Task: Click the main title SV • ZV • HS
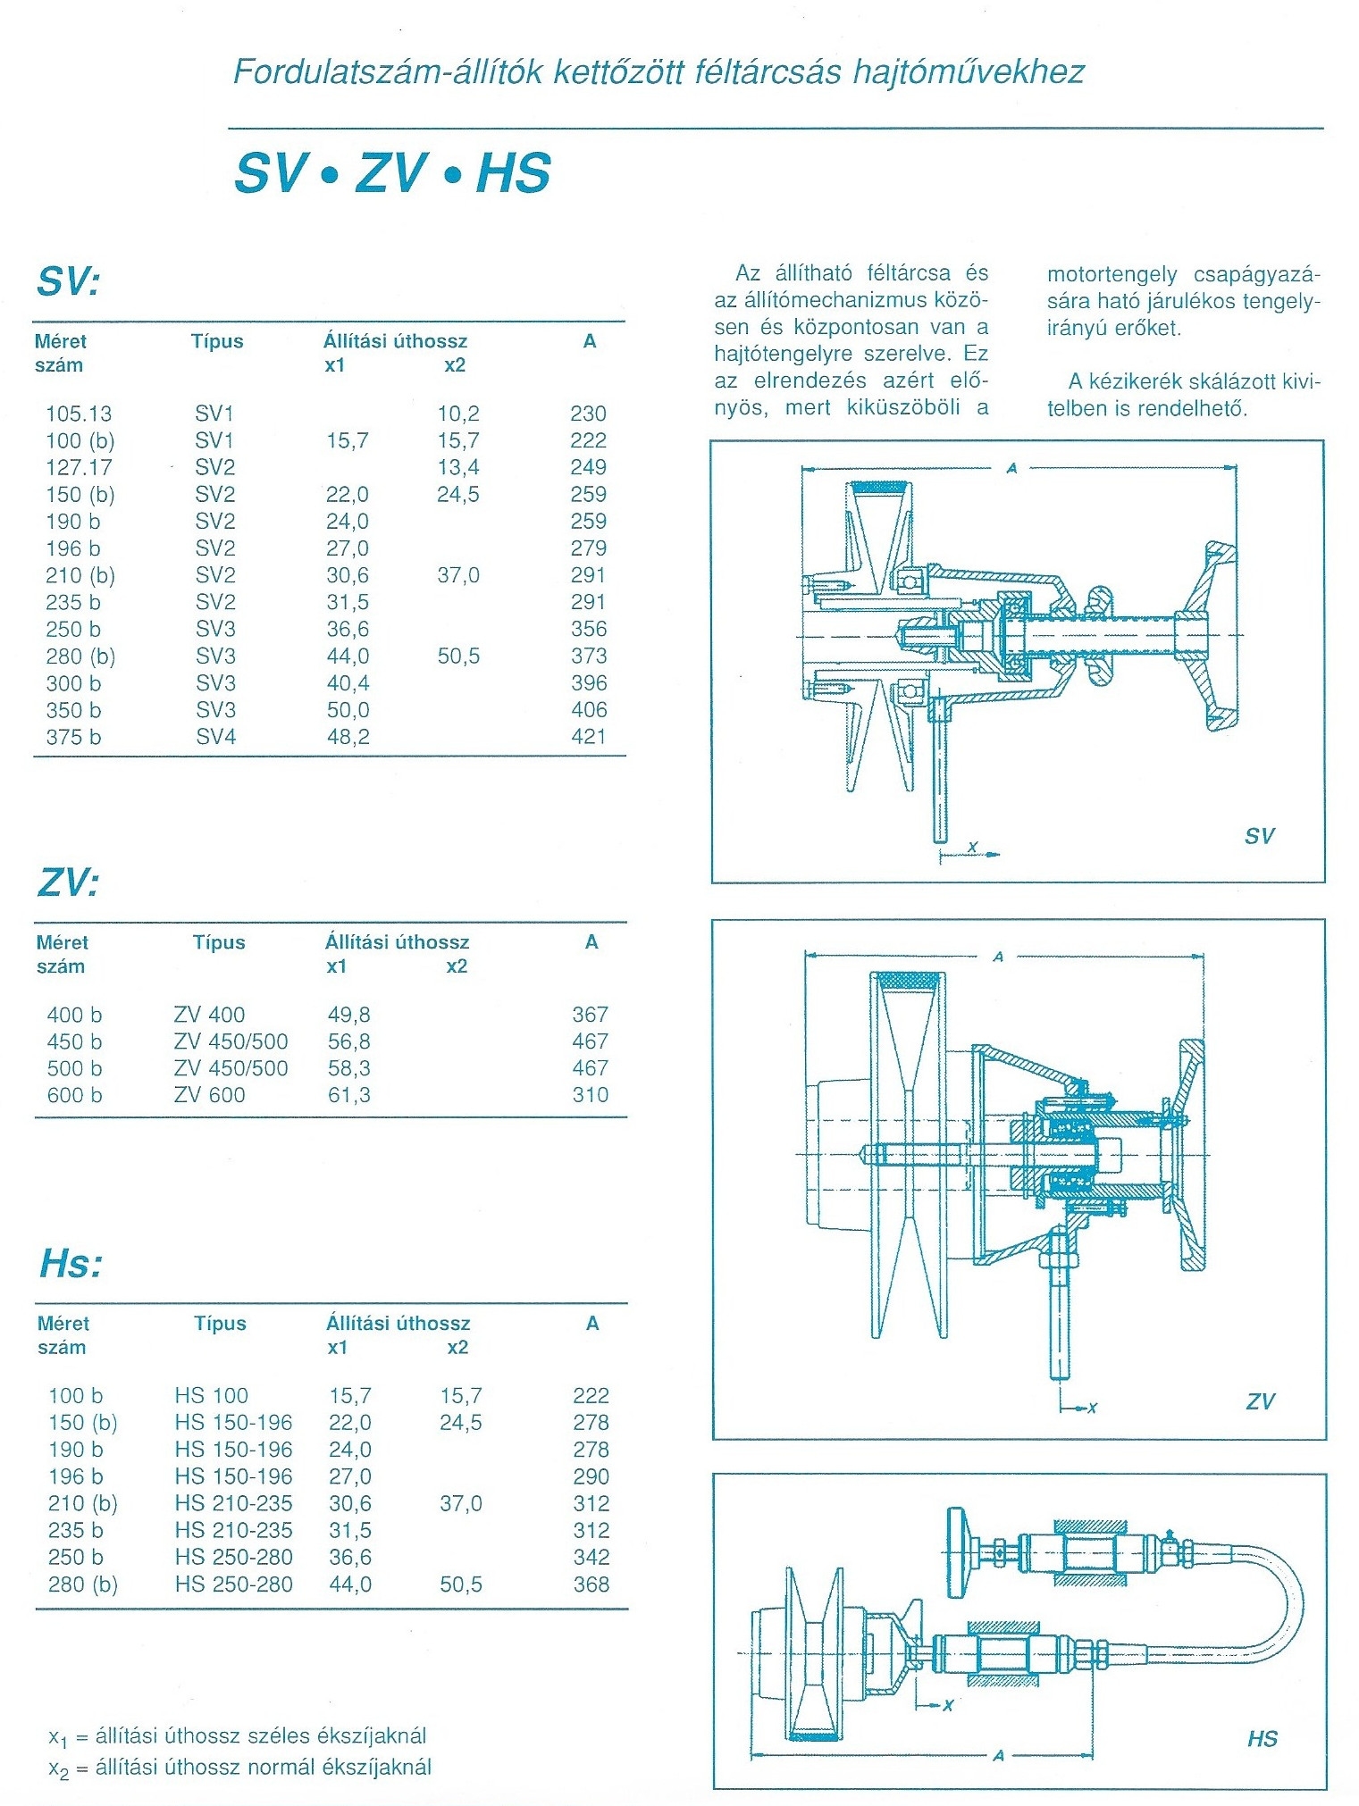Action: [x=392, y=172]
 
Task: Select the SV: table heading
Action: [x=68, y=282]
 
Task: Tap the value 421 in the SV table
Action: [x=588, y=737]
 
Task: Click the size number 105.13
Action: [x=79, y=414]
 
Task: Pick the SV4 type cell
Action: [x=216, y=737]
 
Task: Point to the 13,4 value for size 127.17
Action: [x=457, y=467]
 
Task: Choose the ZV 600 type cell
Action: [x=209, y=1095]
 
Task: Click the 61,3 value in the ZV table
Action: [x=348, y=1095]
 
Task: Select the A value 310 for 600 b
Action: [x=590, y=1095]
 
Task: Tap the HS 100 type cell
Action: [x=212, y=1396]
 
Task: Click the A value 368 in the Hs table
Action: [x=591, y=1584]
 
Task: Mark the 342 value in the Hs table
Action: [x=591, y=1558]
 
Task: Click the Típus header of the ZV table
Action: [x=219, y=942]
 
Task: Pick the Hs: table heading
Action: [x=71, y=1265]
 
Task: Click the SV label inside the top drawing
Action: [x=1259, y=836]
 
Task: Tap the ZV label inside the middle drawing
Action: [x=1260, y=1401]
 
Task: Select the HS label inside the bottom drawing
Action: [x=1262, y=1738]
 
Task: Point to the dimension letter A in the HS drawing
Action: [x=999, y=1755]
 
